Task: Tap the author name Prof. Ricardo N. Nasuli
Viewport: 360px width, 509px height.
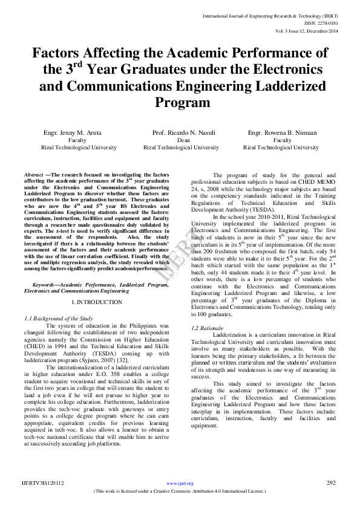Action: tap(180, 132)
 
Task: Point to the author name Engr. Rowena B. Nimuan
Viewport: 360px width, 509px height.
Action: tap(281, 132)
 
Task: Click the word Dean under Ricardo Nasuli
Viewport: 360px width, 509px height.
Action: tap(180, 140)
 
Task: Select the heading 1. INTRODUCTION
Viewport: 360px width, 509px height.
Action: tap(97, 302)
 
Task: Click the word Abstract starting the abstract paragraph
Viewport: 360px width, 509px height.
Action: tap(33, 174)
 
